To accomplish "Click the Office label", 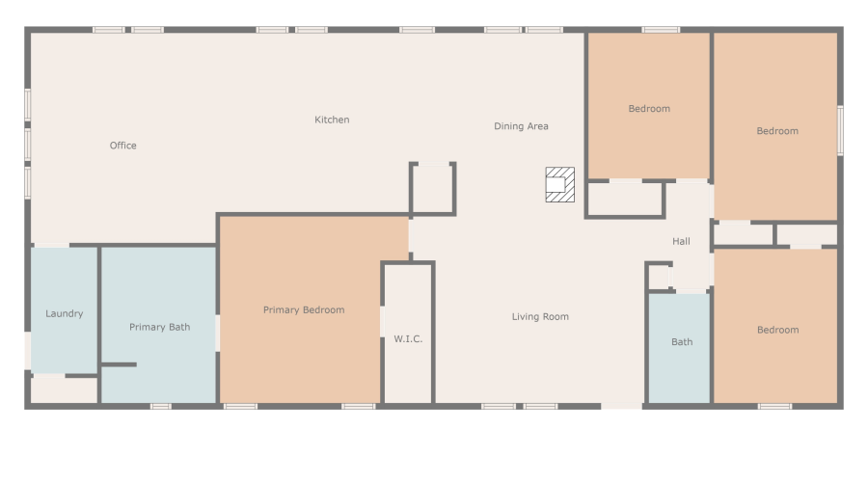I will coord(122,146).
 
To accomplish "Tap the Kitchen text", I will coord(332,120).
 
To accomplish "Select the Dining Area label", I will coord(521,126).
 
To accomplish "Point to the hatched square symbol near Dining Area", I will coord(559,185).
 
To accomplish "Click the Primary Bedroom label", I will coord(304,310).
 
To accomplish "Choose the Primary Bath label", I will coord(159,327).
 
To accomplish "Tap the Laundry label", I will coord(64,313).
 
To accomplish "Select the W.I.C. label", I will coord(408,338).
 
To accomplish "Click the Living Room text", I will coord(540,316).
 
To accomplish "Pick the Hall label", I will coord(681,241).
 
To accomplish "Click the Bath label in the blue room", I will coord(682,341).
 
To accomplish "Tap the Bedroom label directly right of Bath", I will coord(777,330).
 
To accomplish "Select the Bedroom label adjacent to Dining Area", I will coord(649,109).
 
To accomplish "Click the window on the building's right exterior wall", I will coord(840,130).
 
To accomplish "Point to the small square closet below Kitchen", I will coord(433,188).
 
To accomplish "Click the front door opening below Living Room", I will coord(622,406).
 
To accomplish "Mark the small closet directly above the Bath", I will coord(659,276).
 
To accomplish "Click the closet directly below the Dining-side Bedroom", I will coord(625,200).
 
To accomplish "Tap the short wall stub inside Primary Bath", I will coord(119,364).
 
